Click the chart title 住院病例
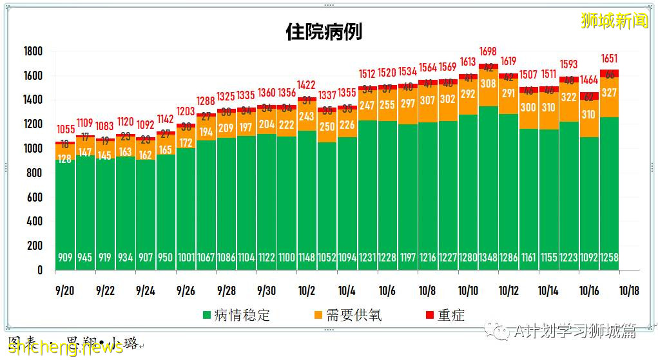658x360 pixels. (x=324, y=32)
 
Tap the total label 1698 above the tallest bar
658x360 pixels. (x=488, y=52)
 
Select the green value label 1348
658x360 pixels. (x=488, y=258)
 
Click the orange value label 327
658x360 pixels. (x=609, y=93)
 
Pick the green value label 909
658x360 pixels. (x=64, y=258)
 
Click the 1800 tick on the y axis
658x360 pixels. (x=33, y=52)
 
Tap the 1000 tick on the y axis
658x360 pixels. (x=33, y=149)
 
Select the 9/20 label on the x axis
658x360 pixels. (x=64, y=290)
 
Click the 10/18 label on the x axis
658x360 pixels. (x=629, y=290)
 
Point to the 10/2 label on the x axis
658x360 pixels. (x=306, y=290)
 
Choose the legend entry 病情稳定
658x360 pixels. (x=235, y=315)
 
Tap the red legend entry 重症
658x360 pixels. (x=444, y=315)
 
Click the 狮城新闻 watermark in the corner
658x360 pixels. (x=614, y=21)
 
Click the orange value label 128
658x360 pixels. (x=64, y=159)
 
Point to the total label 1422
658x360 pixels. (x=306, y=85)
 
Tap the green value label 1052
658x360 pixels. (x=327, y=258)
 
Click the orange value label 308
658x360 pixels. (x=488, y=84)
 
